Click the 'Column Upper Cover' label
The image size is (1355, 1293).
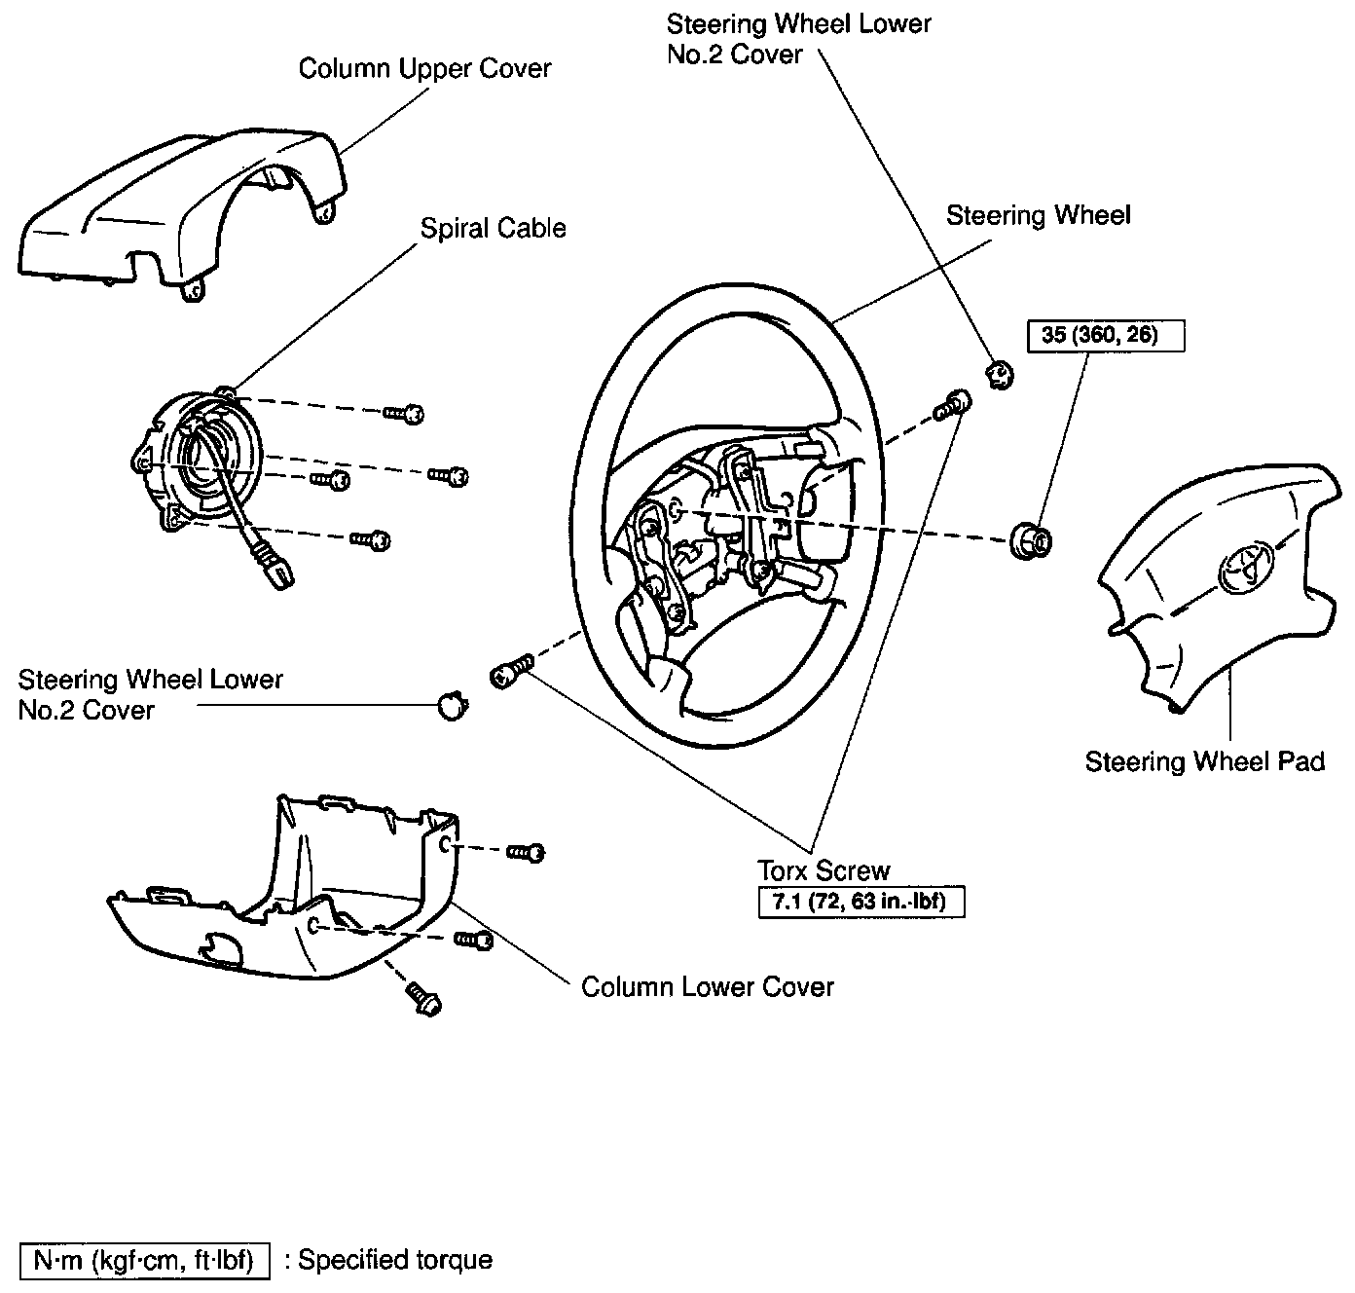point(424,69)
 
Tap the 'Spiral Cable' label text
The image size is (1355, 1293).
point(493,228)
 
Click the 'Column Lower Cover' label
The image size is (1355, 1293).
point(707,986)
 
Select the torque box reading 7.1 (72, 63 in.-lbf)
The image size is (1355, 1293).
point(861,902)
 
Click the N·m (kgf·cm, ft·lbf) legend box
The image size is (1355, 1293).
point(144,1260)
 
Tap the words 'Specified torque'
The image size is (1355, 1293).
point(394,1260)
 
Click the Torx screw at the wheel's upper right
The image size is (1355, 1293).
point(952,405)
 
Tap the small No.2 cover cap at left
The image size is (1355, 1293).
point(450,704)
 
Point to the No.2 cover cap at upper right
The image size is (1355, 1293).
point(999,373)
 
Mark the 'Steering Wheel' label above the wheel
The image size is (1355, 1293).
point(1038,215)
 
